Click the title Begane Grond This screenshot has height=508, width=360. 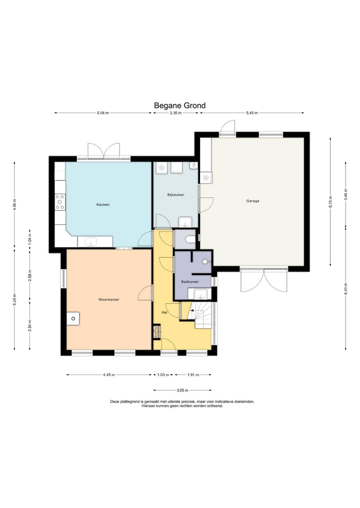coord(179,105)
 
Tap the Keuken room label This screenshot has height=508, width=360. coord(103,204)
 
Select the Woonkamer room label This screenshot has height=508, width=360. coord(109,300)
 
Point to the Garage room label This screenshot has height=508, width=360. coord(252,201)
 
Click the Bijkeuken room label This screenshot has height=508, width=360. coord(176,195)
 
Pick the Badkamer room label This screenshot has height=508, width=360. coord(190,282)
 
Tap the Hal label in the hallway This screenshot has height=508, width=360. coord(164,313)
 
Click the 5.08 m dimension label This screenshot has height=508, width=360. coord(103,113)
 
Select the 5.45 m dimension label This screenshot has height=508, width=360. coord(252,113)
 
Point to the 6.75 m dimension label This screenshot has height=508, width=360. coord(330,201)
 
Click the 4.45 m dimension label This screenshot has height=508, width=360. coord(109,375)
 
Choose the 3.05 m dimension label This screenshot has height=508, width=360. coord(182,391)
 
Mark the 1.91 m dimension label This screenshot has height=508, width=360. coord(193,375)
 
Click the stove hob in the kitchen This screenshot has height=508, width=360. coord(60,202)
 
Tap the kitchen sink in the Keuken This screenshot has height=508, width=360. coord(91,242)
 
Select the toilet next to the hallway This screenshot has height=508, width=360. coord(190,239)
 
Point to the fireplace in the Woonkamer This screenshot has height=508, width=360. coord(73,319)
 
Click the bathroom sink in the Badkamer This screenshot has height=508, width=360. coord(200,295)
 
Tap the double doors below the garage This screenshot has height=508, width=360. coord(263,280)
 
